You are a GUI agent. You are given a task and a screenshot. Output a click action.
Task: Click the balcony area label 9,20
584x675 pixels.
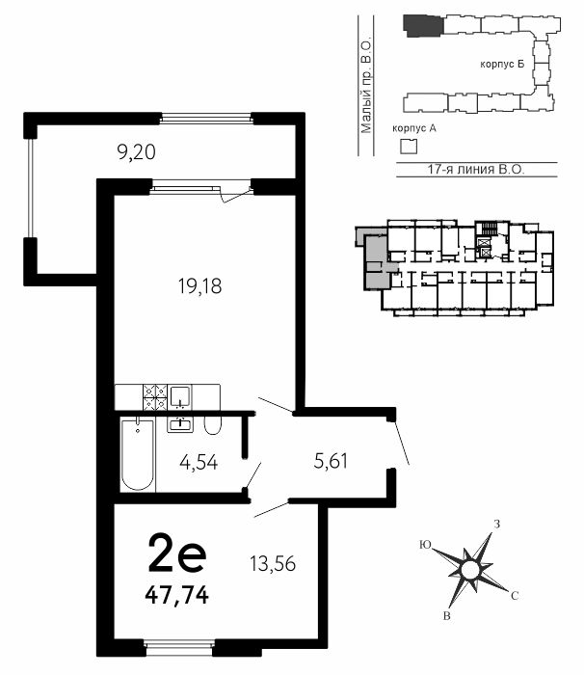click(136, 152)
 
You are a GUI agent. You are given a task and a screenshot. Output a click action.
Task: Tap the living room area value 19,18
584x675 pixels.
click(200, 286)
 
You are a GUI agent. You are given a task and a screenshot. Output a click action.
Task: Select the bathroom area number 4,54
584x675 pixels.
click(199, 463)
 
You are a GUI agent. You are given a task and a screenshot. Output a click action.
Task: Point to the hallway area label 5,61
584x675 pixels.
click(331, 461)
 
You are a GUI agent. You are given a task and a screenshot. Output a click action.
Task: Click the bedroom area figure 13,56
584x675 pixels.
click(273, 563)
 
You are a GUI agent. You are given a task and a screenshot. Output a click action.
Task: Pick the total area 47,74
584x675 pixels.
click(177, 596)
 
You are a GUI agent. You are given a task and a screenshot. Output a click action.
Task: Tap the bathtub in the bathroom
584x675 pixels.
click(137, 454)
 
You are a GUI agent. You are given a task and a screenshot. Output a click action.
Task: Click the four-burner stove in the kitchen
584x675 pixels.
click(155, 397)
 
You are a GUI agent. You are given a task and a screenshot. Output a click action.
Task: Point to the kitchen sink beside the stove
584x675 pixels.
click(180, 397)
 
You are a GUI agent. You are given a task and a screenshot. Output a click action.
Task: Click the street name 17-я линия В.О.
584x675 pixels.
click(476, 169)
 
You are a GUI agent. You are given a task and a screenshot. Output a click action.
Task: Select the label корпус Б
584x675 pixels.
click(502, 65)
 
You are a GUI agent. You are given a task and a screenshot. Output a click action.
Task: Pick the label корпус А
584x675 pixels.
click(414, 128)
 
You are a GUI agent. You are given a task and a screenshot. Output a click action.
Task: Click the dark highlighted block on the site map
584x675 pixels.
click(423, 26)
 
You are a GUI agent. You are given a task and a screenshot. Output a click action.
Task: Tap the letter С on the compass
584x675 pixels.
click(515, 596)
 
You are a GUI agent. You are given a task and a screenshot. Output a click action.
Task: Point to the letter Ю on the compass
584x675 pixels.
click(425, 545)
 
